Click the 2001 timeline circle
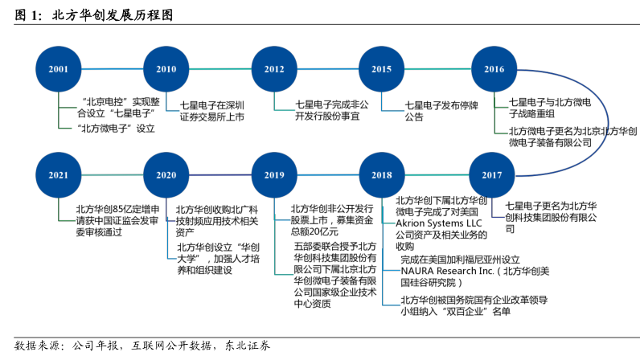59,69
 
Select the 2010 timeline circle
166,69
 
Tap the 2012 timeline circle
273,69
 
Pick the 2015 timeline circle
381,69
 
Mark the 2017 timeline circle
492,174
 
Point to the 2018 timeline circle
381,174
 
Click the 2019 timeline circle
273,174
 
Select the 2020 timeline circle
166,174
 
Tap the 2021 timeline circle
59,174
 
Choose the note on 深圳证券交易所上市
211,111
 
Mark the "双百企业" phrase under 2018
474,312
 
